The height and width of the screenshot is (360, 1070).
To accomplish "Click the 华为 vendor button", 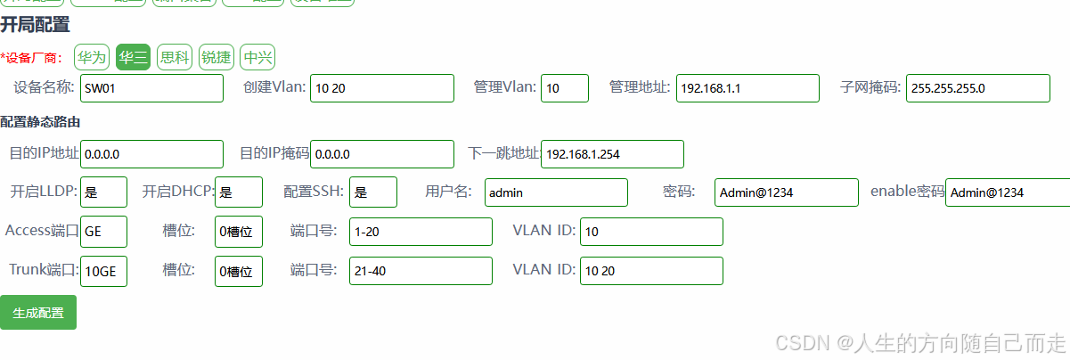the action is [x=91, y=58].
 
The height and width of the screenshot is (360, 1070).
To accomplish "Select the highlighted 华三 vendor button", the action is [x=134, y=58].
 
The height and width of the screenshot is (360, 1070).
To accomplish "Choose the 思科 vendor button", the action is [x=175, y=58].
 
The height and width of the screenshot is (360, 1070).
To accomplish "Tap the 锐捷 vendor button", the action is [x=216, y=58].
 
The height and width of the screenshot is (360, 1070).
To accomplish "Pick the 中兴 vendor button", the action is [x=258, y=58].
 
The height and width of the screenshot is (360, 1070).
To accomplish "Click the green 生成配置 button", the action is [x=38, y=313].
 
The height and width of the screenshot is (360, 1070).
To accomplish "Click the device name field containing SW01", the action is [x=151, y=88].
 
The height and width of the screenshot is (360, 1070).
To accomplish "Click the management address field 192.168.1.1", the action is [x=747, y=88].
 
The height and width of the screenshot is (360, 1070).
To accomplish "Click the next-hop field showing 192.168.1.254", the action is [x=612, y=154].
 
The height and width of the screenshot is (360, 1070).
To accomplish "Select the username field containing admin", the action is [x=557, y=192].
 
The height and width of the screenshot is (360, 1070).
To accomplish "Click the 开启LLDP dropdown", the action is [x=103, y=192].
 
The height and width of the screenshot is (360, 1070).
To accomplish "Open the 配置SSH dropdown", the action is [x=373, y=192].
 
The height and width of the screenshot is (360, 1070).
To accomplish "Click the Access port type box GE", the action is [x=103, y=232].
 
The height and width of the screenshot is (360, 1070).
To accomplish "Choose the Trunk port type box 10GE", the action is [x=103, y=271].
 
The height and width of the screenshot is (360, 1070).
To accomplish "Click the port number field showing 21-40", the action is [x=421, y=271].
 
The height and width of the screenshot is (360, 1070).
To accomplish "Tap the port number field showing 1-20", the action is [x=421, y=232].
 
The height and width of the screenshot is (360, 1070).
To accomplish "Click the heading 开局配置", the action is [x=35, y=25].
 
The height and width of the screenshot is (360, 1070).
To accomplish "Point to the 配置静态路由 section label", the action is [x=41, y=122].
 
